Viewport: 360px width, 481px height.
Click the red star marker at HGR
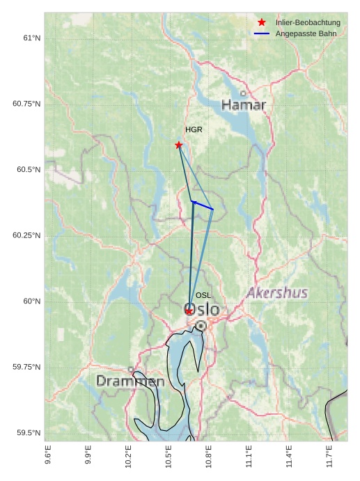coord(179,145)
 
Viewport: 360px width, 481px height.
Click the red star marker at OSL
coord(189,311)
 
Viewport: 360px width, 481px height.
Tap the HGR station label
coord(194,130)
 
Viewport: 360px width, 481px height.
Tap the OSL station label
coord(203,296)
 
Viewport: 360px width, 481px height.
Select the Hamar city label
coord(244,105)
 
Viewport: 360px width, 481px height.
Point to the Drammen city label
coord(130,381)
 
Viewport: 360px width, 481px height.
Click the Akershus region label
coord(277,293)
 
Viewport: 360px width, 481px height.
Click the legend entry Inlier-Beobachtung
coord(308,23)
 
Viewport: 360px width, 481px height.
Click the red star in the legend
coord(262,23)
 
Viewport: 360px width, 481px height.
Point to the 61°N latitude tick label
coord(31,38)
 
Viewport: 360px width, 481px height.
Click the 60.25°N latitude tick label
coord(26,235)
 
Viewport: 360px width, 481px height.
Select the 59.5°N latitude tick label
coord(29,433)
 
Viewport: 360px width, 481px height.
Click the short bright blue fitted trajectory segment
coord(203,205)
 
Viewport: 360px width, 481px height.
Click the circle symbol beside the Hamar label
coord(243,93)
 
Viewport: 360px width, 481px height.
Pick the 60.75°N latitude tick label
coord(26,104)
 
